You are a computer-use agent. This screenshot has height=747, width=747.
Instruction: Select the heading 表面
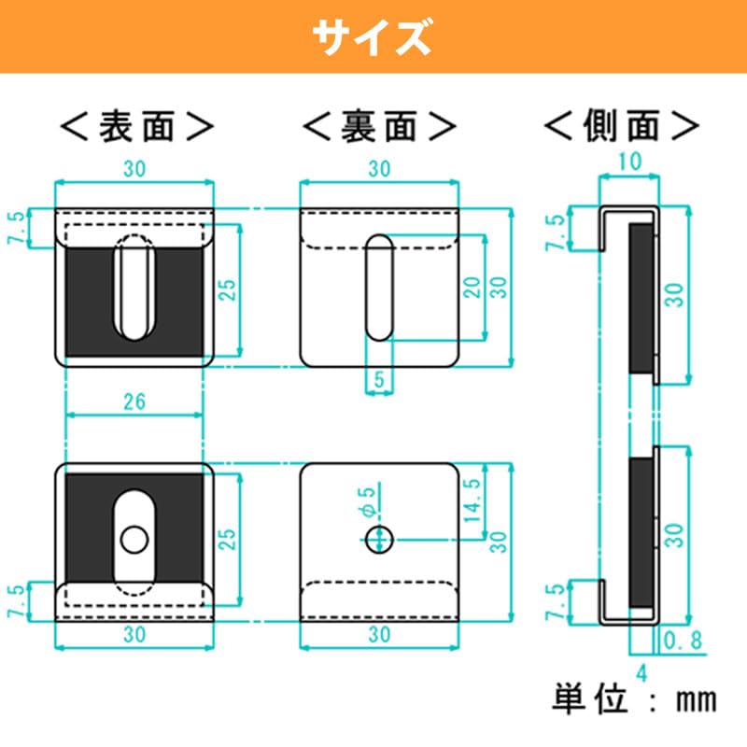click(x=136, y=125)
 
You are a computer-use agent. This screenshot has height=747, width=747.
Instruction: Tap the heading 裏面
click(x=380, y=125)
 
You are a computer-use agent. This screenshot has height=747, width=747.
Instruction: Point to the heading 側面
click(x=622, y=125)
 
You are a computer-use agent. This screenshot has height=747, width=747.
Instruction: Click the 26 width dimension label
click(x=134, y=402)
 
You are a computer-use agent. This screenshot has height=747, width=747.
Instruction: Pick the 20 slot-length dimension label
click(x=473, y=287)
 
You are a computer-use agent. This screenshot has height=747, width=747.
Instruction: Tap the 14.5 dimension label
click(x=472, y=501)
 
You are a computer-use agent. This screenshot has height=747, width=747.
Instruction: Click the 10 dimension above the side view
click(x=630, y=162)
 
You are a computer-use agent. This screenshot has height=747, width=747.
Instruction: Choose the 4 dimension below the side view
click(x=641, y=669)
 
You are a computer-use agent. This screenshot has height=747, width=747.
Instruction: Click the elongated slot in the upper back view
click(x=378, y=287)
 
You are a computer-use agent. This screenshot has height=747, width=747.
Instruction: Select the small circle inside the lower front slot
click(x=134, y=538)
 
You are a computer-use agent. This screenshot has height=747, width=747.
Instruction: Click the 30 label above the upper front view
click(x=134, y=169)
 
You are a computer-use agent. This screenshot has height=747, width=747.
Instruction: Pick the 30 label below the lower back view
click(x=378, y=634)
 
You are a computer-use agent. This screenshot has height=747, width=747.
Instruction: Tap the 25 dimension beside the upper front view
click(x=228, y=289)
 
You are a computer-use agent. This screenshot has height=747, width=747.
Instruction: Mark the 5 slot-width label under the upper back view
click(x=378, y=380)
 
